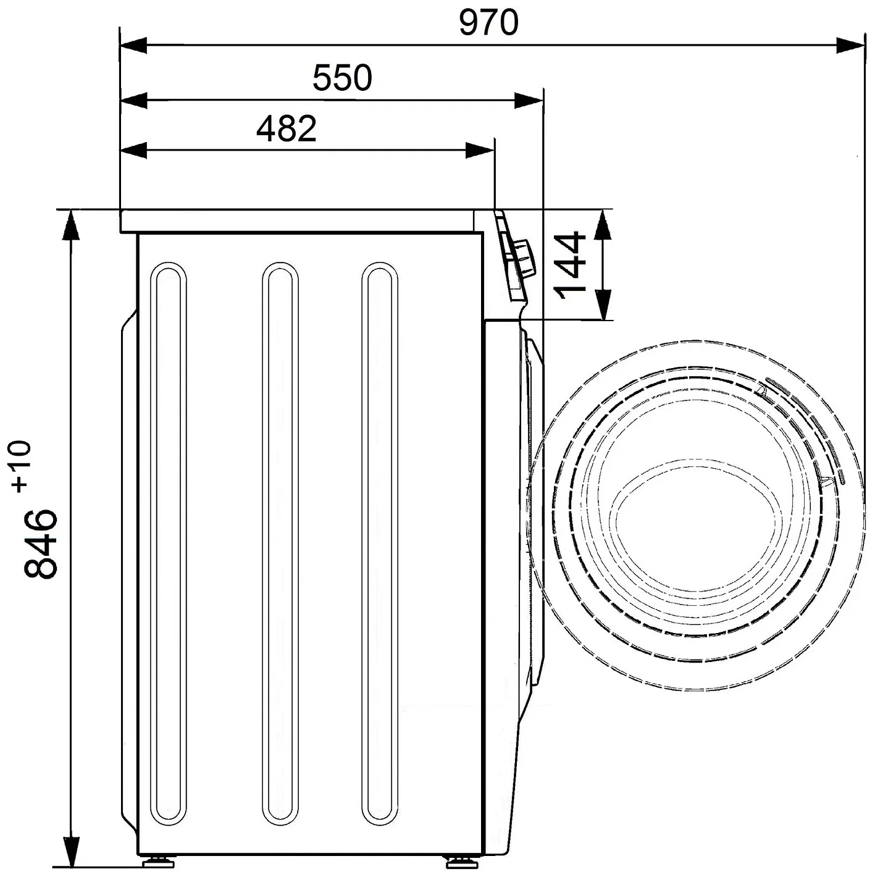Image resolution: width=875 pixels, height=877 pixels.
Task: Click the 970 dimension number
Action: pyautogui.click(x=488, y=23)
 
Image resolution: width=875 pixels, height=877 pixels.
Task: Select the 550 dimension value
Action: pyautogui.click(x=342, y=78)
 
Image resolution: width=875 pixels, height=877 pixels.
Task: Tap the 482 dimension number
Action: pyautogui.click(x=287, y=129)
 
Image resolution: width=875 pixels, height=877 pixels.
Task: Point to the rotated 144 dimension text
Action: pyautogui.click(x=571, y=265)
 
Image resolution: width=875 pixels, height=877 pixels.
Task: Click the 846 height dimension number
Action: pyautogui.click(x=41, y=544)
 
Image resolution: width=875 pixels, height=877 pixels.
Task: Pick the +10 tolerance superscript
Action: pyautogui.click(x=22, y=466)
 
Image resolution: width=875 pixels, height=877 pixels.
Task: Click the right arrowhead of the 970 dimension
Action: pyautogui.click(x=850, y=46)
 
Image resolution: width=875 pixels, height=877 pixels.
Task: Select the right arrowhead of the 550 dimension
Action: pyautogui.click(x=529, y=101)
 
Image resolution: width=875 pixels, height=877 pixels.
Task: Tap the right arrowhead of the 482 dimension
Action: pyautogui.click(x=480, y=151)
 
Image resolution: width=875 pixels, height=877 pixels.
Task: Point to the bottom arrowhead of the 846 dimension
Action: pyautogui.click(x=71, y=852)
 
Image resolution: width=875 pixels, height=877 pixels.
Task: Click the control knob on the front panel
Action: pyautogui.click(x=524, y=258)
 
